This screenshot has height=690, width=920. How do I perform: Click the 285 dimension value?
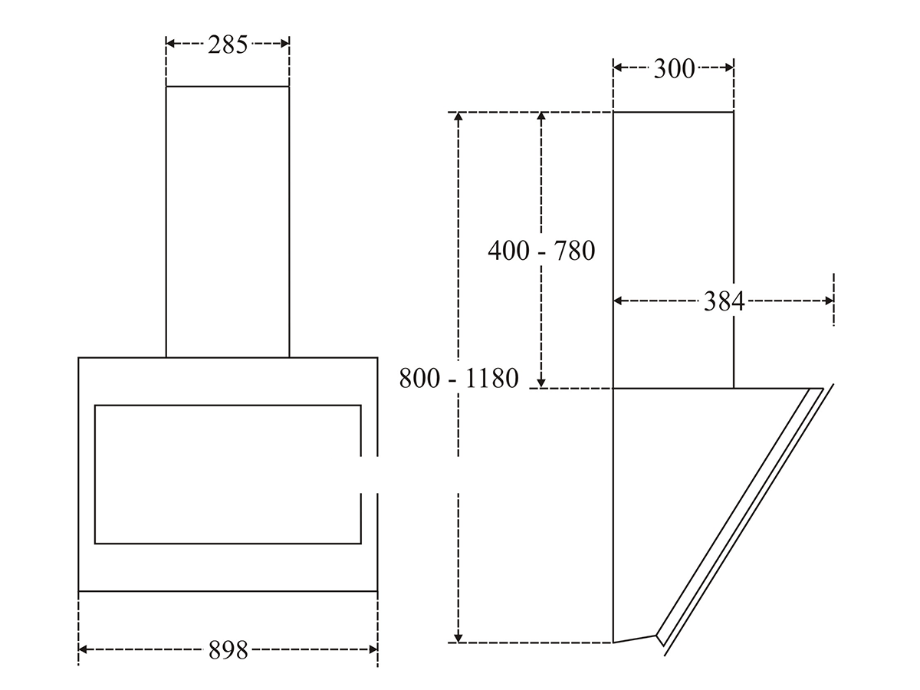pyautogui.click(x=228, y=44)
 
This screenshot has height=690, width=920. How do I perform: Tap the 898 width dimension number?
pyautogui.click(x=228, y=650)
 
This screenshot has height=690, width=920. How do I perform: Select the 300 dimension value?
pyautogui.click(x=674, y=68)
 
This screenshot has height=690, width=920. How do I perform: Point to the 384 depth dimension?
pyautogui.click(x=724, y=301)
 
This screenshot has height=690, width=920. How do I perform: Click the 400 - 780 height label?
pyautogui.click(x=541, y=251)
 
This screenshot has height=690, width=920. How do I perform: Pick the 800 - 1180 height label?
pyautogui.click(x=458, y=378)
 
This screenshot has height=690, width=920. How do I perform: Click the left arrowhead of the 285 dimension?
pyautogui.click(x=170, y=43)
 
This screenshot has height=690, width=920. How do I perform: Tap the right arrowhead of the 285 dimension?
pyautogui.click(x=285, y=43)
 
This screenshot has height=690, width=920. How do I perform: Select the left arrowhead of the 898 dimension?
pyautogui.click(x=83, y=649)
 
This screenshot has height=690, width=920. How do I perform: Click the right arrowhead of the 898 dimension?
pyautogui.click(x=373, y=649)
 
